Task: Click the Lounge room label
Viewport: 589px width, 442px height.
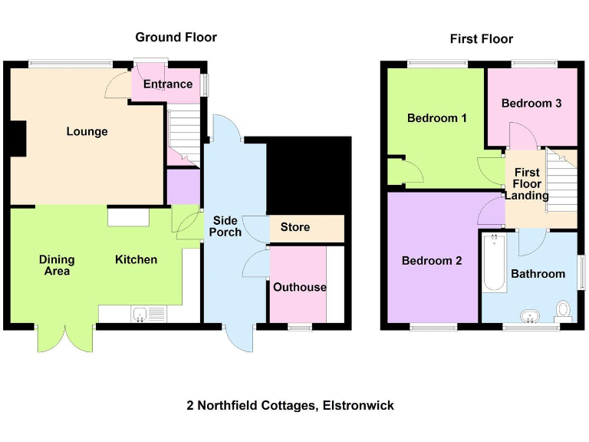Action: [87, 131]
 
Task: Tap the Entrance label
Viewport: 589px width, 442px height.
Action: [168, 84]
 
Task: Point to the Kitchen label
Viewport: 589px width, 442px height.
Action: [136, 259]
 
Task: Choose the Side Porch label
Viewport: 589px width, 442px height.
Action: [226, 226]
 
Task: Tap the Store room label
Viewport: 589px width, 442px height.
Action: [295, 227]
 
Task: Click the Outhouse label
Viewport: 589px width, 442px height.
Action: [299, 287]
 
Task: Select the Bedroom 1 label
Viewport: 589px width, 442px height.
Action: [436, 118]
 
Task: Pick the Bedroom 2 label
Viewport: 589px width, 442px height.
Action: [432, 261]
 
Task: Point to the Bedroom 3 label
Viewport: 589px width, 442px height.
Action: [531, 103]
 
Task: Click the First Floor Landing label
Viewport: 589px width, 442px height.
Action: [527, 184]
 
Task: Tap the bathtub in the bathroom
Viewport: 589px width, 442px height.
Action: [494, 264]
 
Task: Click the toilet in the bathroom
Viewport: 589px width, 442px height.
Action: [564, 310]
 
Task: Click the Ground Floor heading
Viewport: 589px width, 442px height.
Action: [176, 37]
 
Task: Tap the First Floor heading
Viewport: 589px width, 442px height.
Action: [482, 38]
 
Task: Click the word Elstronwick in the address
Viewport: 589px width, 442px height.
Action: [357, 405]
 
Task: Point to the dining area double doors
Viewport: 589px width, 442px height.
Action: [65, 338]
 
